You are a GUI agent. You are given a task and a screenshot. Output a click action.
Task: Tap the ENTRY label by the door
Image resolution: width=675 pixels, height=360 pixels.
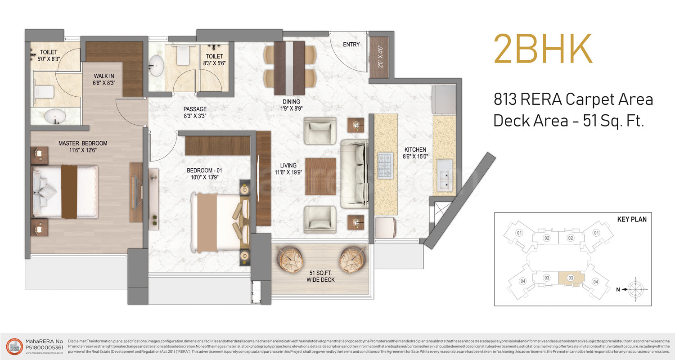(351, 45)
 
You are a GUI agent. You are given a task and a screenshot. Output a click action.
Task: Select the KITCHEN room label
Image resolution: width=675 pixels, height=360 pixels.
(415, 149)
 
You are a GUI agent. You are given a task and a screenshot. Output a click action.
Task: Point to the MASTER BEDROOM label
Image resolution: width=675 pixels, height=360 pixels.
(83, 144)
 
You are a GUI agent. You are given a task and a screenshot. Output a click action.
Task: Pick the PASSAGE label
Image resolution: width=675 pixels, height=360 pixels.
(195, 109)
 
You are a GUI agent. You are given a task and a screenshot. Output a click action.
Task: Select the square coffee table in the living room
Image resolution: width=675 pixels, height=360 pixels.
(320, 176)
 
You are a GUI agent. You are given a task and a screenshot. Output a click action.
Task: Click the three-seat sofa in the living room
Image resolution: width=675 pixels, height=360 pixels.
(355, 174)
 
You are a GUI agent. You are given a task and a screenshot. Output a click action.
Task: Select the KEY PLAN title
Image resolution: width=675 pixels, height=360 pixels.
(631, 220)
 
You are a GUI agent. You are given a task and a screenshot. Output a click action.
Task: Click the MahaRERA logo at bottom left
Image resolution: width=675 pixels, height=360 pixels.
(15, 346)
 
